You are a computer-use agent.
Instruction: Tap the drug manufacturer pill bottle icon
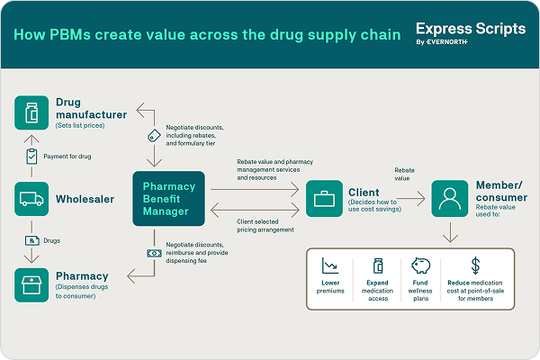[31, 112]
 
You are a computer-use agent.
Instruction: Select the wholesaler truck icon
[31, 199]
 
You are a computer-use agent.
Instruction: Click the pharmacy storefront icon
[31, 284]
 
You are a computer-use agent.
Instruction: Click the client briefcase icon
[323, 199]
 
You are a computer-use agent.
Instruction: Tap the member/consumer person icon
[448, 199]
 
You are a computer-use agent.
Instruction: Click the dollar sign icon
[475, 265]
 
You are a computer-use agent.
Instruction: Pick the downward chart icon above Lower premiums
[330, 265]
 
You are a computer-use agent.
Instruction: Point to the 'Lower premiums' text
[330, 288]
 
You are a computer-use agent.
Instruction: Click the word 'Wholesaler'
[85, 199]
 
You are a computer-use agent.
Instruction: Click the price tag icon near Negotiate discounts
[153, 136]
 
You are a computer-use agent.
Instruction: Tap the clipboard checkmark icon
[31, 156]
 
